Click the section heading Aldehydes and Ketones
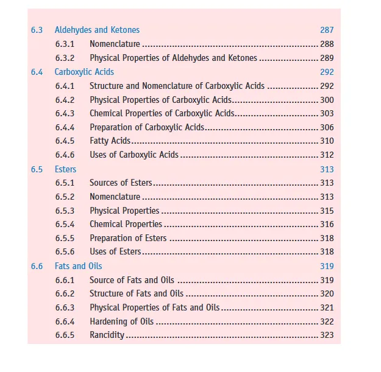coord(97,30)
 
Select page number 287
coord(327,30)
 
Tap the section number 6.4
coord(37,72)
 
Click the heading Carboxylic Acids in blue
coord(84,72)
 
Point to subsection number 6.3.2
coord(65,58)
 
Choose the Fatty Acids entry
coord(110,141)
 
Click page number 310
coord(327,141)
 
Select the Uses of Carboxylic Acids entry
coord(134,155)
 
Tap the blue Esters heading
coord(66,169)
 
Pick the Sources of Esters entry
coord(121,183)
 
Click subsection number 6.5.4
coord(65,224)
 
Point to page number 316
coord(327,224)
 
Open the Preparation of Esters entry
coord(128,238)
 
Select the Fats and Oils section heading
coord(79,266)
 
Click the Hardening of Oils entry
coord(121,321)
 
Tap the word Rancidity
coord(107,335)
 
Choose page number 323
coord(327,335)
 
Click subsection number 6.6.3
coord(65,307)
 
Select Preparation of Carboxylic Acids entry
coord(147,127)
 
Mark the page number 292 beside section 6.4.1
coord(327,86)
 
